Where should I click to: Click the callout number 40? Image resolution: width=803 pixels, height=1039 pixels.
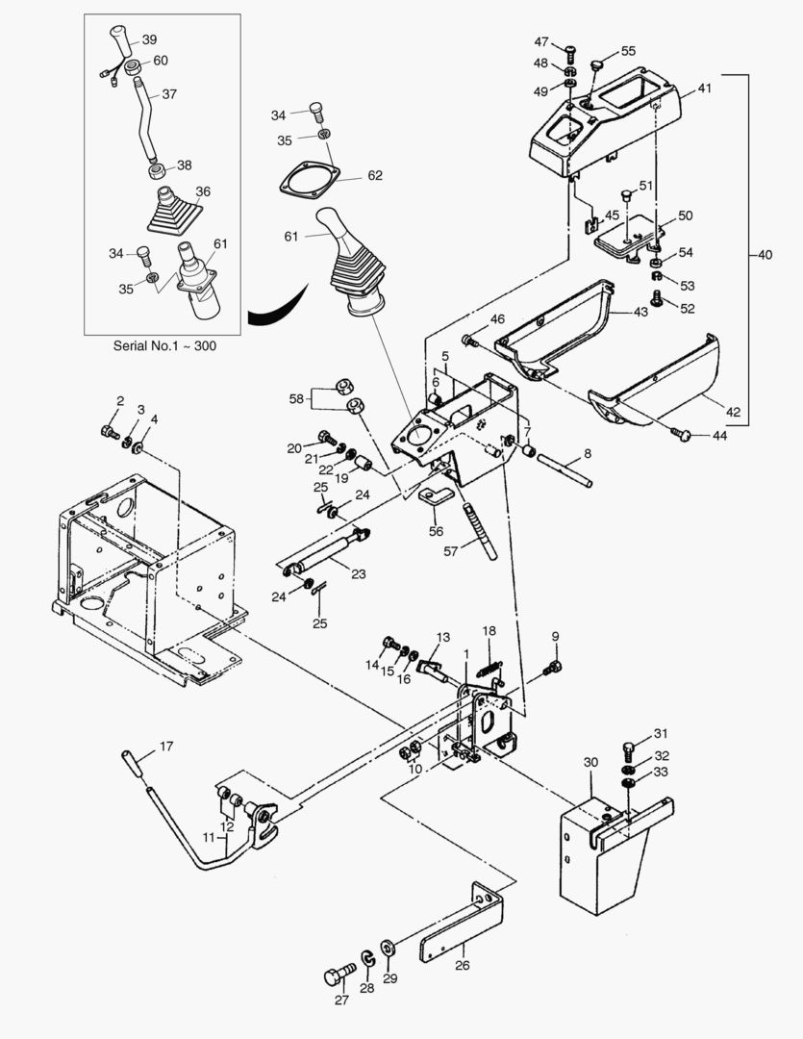point(765,256)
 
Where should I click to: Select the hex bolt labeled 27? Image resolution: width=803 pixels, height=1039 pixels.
point(339,975)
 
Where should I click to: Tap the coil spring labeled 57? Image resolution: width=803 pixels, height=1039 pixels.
point(478,528)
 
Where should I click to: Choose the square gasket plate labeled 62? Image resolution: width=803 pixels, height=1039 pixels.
point(310,183)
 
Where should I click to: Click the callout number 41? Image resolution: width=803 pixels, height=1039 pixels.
point(704,89)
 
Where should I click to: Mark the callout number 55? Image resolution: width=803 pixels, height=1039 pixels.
point(628,50)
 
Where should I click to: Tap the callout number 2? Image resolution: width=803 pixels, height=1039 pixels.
point(121,400)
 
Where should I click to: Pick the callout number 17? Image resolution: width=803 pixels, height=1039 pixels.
point(166,746)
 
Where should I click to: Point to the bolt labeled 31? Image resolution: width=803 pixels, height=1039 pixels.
point(630,746)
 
